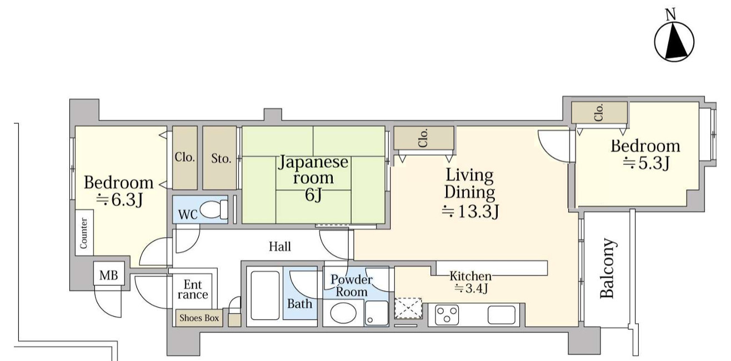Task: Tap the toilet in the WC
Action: pyautogui.click(x=214, y=209)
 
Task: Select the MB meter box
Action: pyautogui.click(x=109, y=275)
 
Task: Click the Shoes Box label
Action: pyautogui.click(x=199, y=318)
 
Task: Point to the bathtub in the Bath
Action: pyautogui.click(x=265, y=296)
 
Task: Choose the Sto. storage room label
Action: pyautogui.click(x=221, y=159)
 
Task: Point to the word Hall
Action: pyautogui.click(x=280, y=247)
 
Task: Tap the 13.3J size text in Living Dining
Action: pyautogui.click(x=470, y=212)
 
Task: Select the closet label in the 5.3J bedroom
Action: pyautogui.click(x=599, y=113)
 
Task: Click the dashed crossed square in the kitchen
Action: pyautogui.click(x=408, y=308)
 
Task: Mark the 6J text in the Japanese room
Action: pyautogui.click(x=313, y=195)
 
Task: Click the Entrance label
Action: pyautogui.click(x=193, y=289)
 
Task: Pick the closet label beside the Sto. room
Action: pyautogui.click(x=185, y=157)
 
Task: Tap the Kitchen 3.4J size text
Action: pyautogui.click(x=471, y=288)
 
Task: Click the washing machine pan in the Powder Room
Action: pyautogui.click(x=377, y=313)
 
